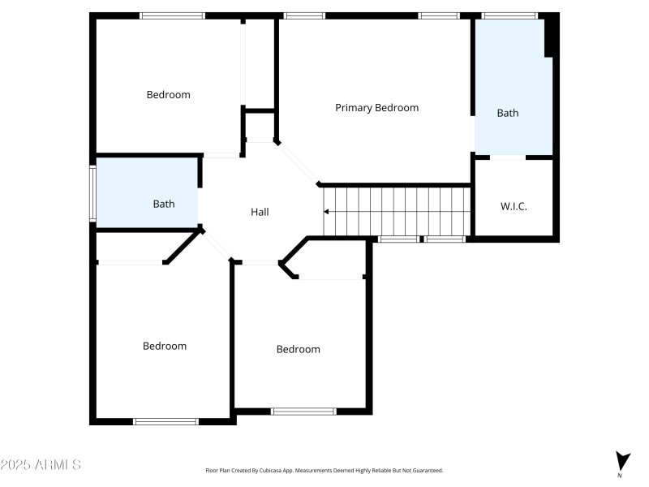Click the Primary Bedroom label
[376, 108]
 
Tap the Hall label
[260, 212]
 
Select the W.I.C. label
[513, 207]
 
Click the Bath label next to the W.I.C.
[508, 113]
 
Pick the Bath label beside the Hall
[164, 204]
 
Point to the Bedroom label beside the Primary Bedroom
[168, 94]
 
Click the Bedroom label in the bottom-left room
[165, 346]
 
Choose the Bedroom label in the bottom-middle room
[298, 349]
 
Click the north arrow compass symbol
[622, 461]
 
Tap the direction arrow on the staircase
[327, 212]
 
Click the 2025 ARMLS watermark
[41, 465]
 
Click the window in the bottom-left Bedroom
[165, 421]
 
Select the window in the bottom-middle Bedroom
[303, 412]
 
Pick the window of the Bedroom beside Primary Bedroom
[172, 15]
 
